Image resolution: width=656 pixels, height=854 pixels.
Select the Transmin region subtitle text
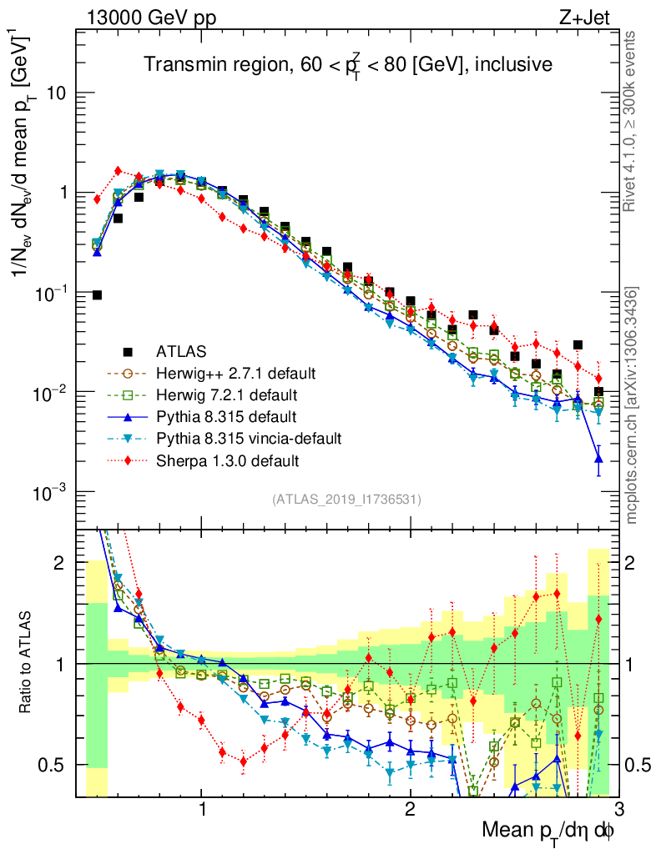[x=347, y=65]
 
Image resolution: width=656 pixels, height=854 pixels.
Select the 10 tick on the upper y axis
[x=56, y=93]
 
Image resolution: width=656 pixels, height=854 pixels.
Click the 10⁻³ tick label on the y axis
[x=50, y=492]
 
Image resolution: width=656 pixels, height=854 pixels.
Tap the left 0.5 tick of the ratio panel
[x=57, y=765]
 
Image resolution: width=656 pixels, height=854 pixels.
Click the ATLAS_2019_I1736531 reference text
[x=346, y=500]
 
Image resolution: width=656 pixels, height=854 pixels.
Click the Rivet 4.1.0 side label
[x=633, y=116]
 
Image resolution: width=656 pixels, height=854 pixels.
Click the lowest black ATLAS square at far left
[x=97, y=294]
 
